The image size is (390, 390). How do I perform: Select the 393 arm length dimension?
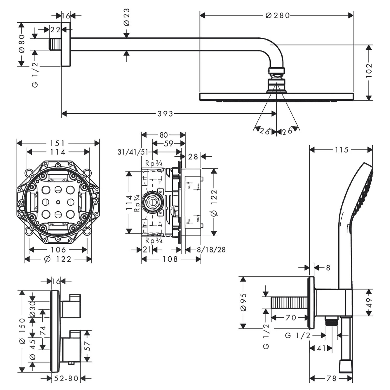pyautogui.click(x=165, y=114)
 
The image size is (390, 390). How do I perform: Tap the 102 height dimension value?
pyautogui.click(x=369, y=70)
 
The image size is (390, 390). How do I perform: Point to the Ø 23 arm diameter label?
pyautogui.click(x=126, y=17)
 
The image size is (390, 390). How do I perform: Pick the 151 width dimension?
pyautogui.click(x=57, y=143)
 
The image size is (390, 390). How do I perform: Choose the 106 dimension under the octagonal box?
pyautogui.click(x=58, y=250)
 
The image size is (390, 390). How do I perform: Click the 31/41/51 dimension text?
pyautogui.click(x=133, y=152)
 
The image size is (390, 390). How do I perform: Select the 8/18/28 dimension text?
pyautogui.click(x=211, y=250)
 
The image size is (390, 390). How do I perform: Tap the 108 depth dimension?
pyautogui.click(x=170, y=259)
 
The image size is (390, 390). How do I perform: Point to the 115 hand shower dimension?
pyautogui.click(x=341, y=150)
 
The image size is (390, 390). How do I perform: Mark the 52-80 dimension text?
pyautogui.click(x=66, y=379)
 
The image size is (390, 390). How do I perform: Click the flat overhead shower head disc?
pyautogui.click(x=276, y=97)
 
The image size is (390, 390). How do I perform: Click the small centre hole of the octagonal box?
pyautogui.click(x=58, y=202)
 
